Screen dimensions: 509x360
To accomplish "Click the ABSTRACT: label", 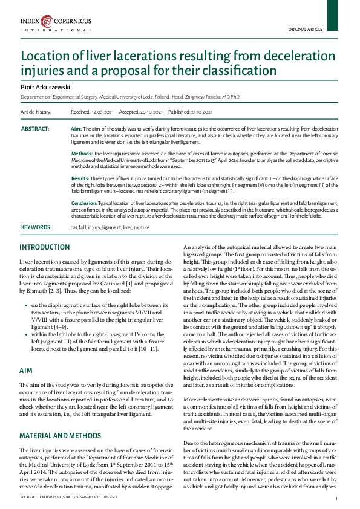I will (x=36, y=129).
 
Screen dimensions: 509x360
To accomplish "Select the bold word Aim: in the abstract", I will (x=76, y=129).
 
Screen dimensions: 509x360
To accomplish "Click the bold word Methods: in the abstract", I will (x=82, y=154).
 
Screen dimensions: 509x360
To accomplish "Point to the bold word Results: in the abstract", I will (x=80, y=179).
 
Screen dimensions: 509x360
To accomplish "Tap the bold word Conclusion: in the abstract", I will (x=84, y=203).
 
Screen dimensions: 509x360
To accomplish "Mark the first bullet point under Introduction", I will (x=26, y=305).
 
